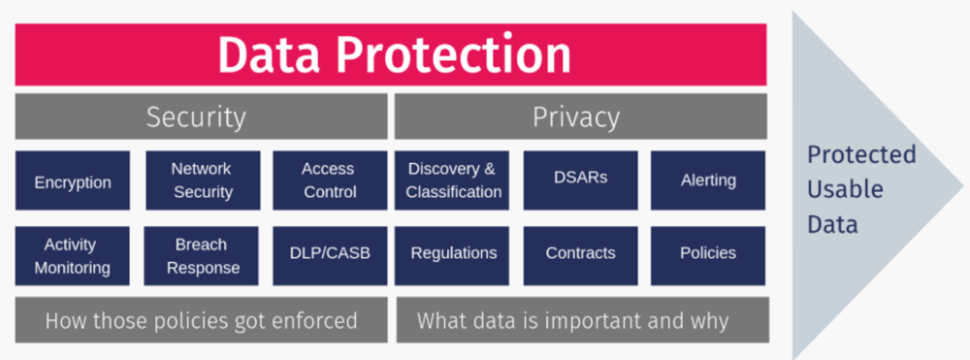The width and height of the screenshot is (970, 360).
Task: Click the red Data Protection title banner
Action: click(391, 55)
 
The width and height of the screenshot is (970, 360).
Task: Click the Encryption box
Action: click(73, 181)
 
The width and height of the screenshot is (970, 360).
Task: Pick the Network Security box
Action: click(202, 180)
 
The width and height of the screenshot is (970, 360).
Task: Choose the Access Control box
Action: click(330, 180)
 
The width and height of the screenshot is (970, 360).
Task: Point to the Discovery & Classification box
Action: click(453, 180)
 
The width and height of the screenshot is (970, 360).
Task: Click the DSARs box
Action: click(580, 180)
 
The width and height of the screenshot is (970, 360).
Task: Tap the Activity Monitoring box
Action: click(73, 256)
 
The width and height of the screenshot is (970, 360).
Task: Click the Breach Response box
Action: click(202, 256)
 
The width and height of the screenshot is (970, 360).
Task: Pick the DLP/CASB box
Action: click(330, 254)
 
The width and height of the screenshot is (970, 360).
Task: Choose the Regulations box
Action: click(453, 254)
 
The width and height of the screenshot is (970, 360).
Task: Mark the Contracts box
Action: click(580, 254)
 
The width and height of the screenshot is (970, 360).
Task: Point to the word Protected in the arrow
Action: click(861, 155)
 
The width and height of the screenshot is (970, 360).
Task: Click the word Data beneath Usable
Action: click(833, 224)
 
